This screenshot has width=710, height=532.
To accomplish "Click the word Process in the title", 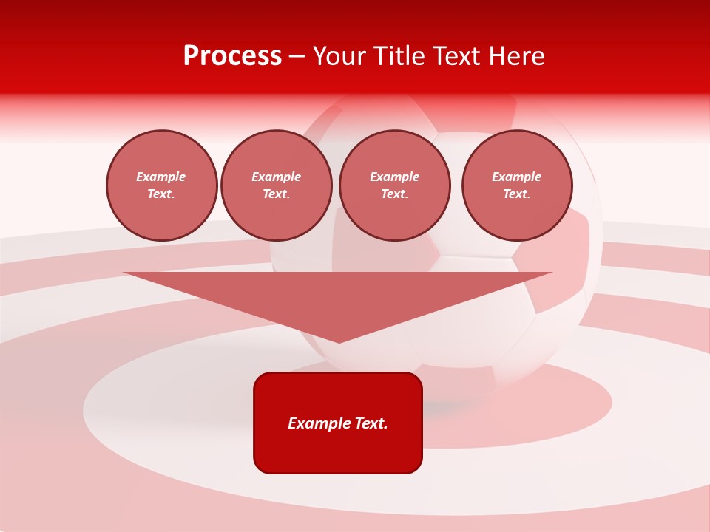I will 232,56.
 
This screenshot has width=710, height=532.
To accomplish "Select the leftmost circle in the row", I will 162,185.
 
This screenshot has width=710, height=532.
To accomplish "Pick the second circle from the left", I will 276,185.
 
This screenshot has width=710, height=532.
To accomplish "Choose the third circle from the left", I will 394,185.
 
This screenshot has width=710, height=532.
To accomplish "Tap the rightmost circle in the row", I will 517,185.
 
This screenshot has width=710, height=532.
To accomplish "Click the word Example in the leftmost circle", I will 161,177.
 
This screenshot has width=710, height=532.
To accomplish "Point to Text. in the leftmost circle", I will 161,194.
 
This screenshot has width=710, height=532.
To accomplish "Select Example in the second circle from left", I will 276,177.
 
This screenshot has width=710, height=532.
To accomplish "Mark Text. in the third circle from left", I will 394,194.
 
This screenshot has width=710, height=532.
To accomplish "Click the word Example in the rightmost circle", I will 516,177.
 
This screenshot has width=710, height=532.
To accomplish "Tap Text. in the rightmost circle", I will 516,194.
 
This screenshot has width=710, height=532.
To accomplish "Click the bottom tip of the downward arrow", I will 339,341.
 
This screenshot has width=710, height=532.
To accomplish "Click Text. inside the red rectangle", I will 371,423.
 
